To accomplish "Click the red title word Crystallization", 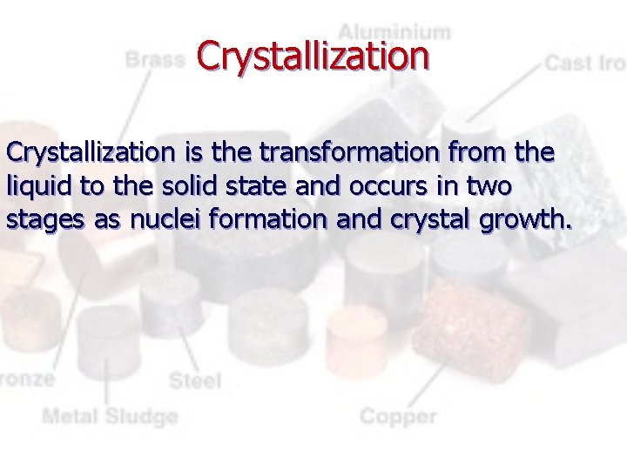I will [313, 55].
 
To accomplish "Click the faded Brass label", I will [155, 60].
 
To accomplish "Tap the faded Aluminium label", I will [395, 32].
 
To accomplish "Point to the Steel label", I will [195, 380].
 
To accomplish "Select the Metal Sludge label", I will [110, 416].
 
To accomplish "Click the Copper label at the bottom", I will [398, 416].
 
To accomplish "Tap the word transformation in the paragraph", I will [341, 153].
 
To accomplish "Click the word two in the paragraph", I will [491, 186].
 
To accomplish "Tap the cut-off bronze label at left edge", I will [26, 379].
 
